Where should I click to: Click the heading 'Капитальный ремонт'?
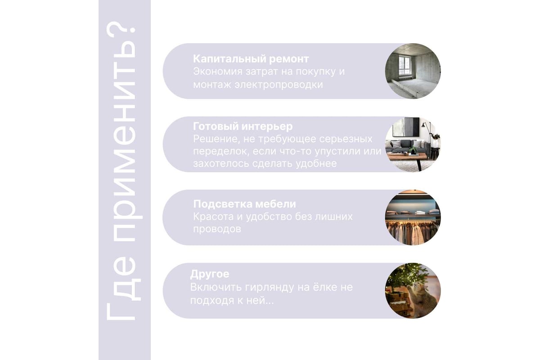(251, 59)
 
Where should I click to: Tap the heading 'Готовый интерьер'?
(243, 126)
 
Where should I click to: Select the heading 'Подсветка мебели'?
(244, 204)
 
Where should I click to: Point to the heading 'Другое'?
(210, 274)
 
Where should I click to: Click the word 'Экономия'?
(217, 72)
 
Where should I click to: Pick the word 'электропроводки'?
(279, 85)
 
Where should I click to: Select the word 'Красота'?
(213, 216)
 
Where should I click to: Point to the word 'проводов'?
(217, 229)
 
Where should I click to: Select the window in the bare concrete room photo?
(405, 66)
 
